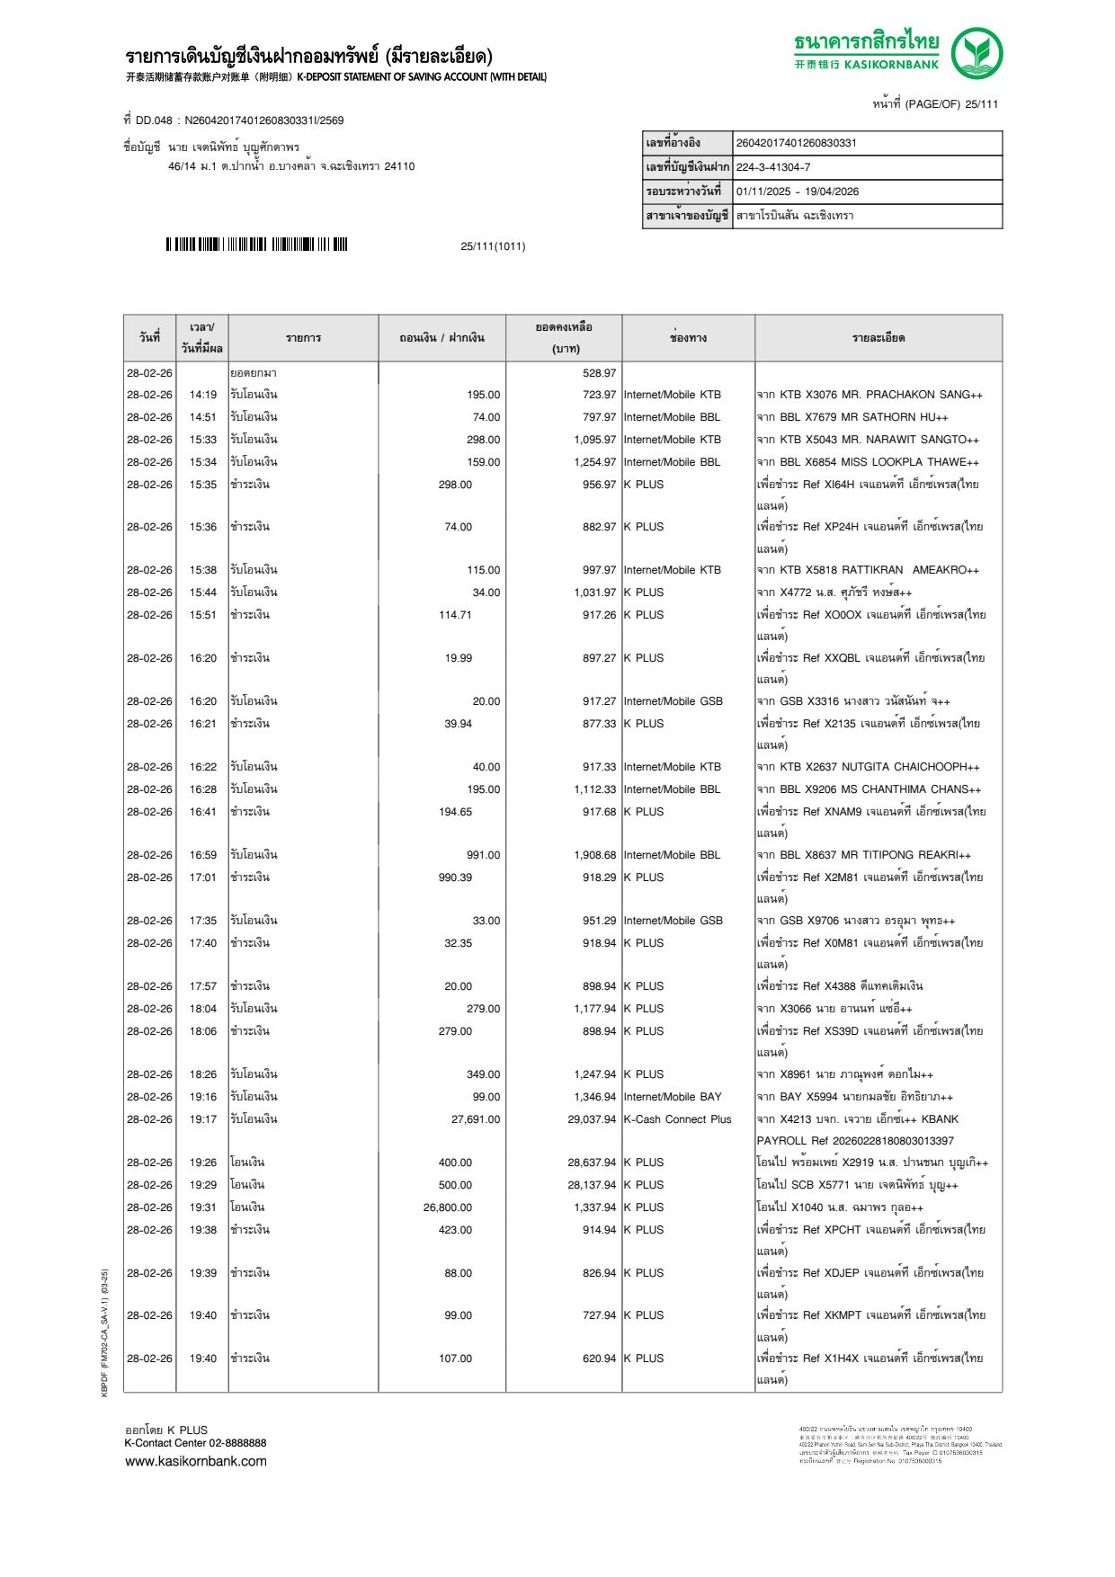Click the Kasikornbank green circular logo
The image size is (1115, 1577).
tap(977, 53)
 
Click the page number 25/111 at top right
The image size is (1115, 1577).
tap(935, 104)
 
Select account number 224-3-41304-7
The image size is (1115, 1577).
tap(772, 167)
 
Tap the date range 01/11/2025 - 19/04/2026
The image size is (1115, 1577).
tap(797, 192)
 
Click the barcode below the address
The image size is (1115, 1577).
tap(256, 245)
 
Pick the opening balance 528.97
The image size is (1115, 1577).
tap(599, 373)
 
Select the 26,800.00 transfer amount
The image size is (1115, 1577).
tap(447, 1207)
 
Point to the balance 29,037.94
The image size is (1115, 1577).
tap(592, 1119)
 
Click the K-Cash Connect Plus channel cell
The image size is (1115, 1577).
tap(677, 1119)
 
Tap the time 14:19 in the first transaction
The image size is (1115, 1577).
tap(202, 395)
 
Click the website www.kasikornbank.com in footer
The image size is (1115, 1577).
tap(196, 1461)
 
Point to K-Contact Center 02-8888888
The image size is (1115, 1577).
tap(195, 1443)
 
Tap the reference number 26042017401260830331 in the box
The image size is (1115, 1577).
tap(796, 143)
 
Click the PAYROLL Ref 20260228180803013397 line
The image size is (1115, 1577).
tap(854, 1141)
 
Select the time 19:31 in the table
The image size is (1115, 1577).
tap(202, 1207)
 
